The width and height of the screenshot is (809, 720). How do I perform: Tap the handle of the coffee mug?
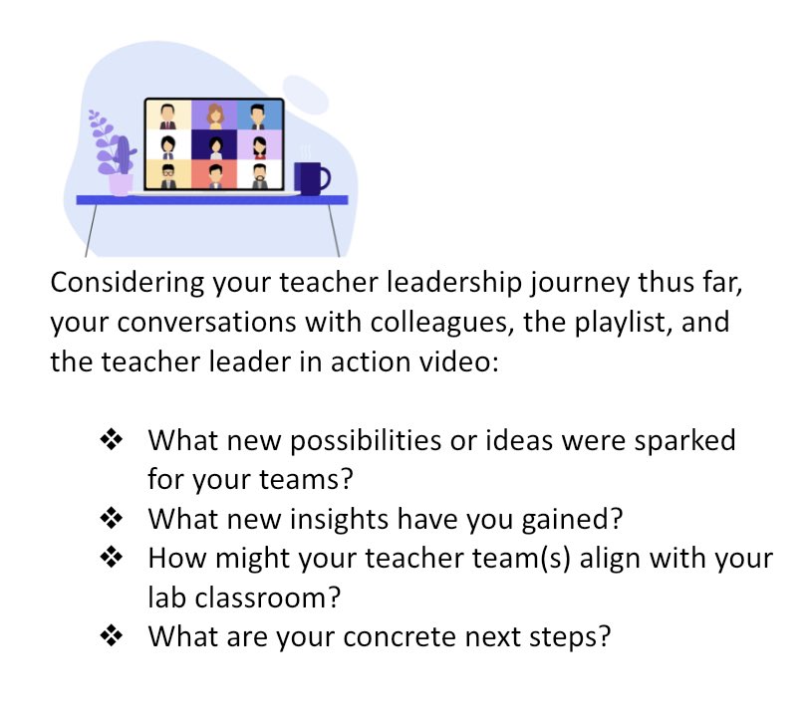click(325, 179)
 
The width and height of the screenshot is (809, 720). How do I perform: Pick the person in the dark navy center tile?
click(214, 146)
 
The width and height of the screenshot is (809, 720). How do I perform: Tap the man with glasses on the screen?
click(168, 175)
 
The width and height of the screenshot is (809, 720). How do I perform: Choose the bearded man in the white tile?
click(260, 175)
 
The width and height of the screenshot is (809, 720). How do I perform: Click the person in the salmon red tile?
click(214, 175)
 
